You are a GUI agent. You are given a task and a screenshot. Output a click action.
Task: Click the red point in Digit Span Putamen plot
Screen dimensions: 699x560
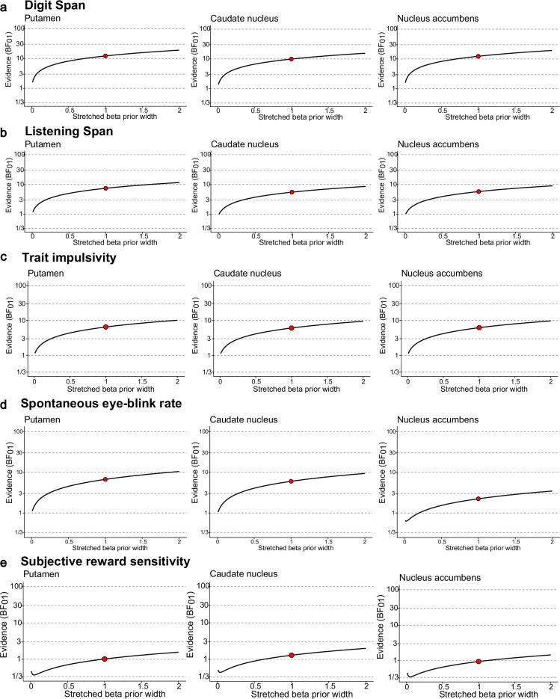[x=105, y=56]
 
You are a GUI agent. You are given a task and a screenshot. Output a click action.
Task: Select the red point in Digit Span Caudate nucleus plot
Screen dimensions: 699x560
[x=292, y=59]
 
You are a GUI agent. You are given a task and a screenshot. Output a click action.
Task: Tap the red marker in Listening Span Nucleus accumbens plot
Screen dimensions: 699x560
[x=479, y=191]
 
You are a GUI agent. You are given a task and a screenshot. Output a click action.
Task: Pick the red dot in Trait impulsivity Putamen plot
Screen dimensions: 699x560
[x=106, y=327]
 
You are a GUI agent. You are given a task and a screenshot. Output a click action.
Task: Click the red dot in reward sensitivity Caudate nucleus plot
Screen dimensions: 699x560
[x=292, y=655]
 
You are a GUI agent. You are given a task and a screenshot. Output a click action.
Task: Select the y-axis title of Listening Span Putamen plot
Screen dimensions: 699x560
[x=7, y=192]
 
